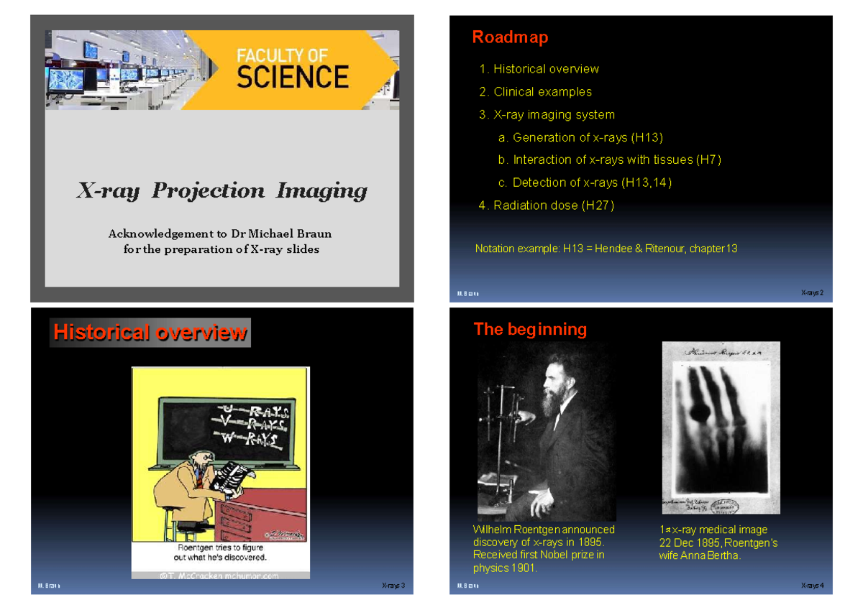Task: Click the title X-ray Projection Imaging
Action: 222,191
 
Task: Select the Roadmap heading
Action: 510,37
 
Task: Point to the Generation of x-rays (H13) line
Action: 587,137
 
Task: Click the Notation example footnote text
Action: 606,249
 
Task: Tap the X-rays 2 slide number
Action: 812,293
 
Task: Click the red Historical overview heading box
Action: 150,333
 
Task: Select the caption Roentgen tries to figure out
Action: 222,552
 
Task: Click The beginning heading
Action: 530,329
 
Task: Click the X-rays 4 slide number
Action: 812,586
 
